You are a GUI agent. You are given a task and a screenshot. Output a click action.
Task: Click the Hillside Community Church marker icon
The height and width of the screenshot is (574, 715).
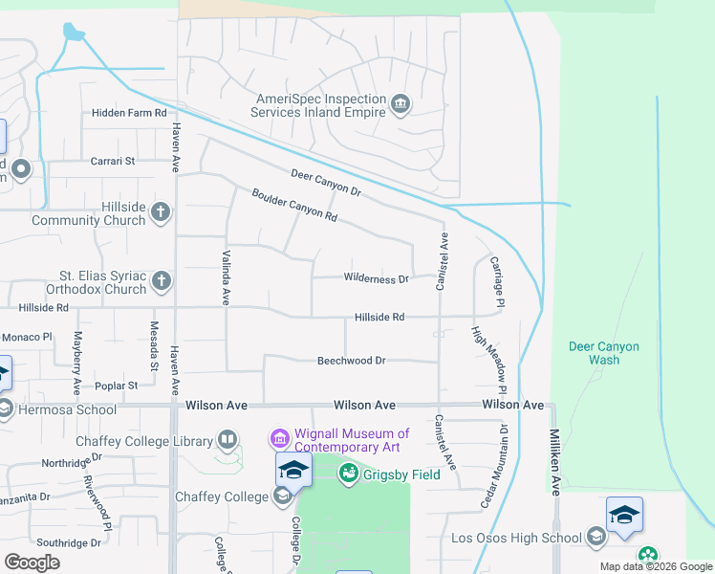coord(161,211)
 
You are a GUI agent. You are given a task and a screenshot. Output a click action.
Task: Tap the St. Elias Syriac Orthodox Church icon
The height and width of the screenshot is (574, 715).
coord(162,280)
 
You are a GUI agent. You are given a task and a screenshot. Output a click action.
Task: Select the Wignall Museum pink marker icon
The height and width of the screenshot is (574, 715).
coord(279,439)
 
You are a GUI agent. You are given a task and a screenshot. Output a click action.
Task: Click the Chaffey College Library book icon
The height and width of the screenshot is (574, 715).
coord(227,440)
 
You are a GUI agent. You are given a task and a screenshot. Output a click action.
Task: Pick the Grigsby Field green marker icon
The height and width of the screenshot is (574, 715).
coord(348,473)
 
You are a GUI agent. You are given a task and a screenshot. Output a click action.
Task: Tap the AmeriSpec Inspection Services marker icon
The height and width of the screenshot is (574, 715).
coord(401,103)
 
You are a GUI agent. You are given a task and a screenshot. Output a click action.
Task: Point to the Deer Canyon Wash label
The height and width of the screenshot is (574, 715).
coord(603,353)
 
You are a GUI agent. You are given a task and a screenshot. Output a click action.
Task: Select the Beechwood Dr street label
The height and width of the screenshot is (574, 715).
coord(351,361)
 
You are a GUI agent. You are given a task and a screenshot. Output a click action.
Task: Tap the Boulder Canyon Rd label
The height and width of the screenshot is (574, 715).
coord(294,205)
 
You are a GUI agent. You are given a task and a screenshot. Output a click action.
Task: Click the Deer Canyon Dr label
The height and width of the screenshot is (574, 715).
coord(326,181)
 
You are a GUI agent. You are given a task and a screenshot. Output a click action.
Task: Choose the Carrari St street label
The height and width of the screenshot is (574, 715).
coord(114,162)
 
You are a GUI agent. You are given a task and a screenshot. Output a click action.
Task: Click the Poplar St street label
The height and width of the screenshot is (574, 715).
coord(117,386)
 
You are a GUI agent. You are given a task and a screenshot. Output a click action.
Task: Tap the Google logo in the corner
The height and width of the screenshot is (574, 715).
coord(32,562)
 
